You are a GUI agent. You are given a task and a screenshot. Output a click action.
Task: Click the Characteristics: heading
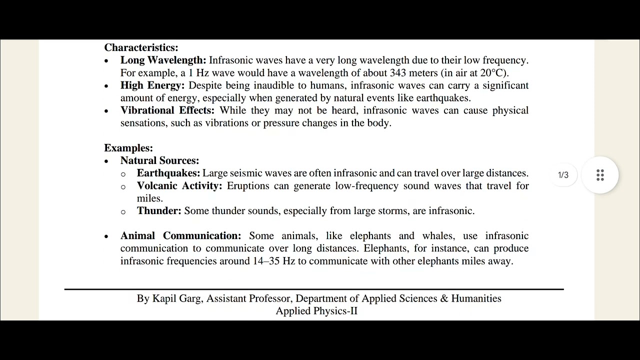click(x=141, y=48)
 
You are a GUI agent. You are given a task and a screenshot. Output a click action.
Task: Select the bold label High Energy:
click(x=152, y=85)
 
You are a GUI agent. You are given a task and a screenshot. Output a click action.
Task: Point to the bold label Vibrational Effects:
click(x=167, y=110)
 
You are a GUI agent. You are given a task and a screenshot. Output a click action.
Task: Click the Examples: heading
click(x=128, y=148)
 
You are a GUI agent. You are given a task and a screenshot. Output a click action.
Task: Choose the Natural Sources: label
click(x=159, y=160)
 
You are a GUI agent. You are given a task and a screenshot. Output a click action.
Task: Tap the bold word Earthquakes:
click(x=168, y=173)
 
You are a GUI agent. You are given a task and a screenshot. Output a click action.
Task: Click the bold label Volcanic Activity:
click(x=179, y=186)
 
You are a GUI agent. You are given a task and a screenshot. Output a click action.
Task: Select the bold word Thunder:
click(x=159, y=211)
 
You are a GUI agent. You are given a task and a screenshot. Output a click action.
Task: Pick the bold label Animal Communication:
click(x=180, y=236)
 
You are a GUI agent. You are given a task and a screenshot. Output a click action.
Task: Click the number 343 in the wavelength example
click(x=398, y=73)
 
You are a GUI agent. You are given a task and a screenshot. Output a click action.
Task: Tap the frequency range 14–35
click(x=266, y=261)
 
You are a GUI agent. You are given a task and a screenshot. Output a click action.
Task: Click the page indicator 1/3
click(x=563, y=175)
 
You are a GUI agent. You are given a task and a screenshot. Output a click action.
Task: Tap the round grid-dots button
click(x=600, y=175)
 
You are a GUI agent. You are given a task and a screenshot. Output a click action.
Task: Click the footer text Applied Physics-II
click(x=316, y=311)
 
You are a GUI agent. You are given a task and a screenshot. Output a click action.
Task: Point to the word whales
click(x=437, y=236)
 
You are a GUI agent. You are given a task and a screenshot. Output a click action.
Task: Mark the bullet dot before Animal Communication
click(x=106, y=236)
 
